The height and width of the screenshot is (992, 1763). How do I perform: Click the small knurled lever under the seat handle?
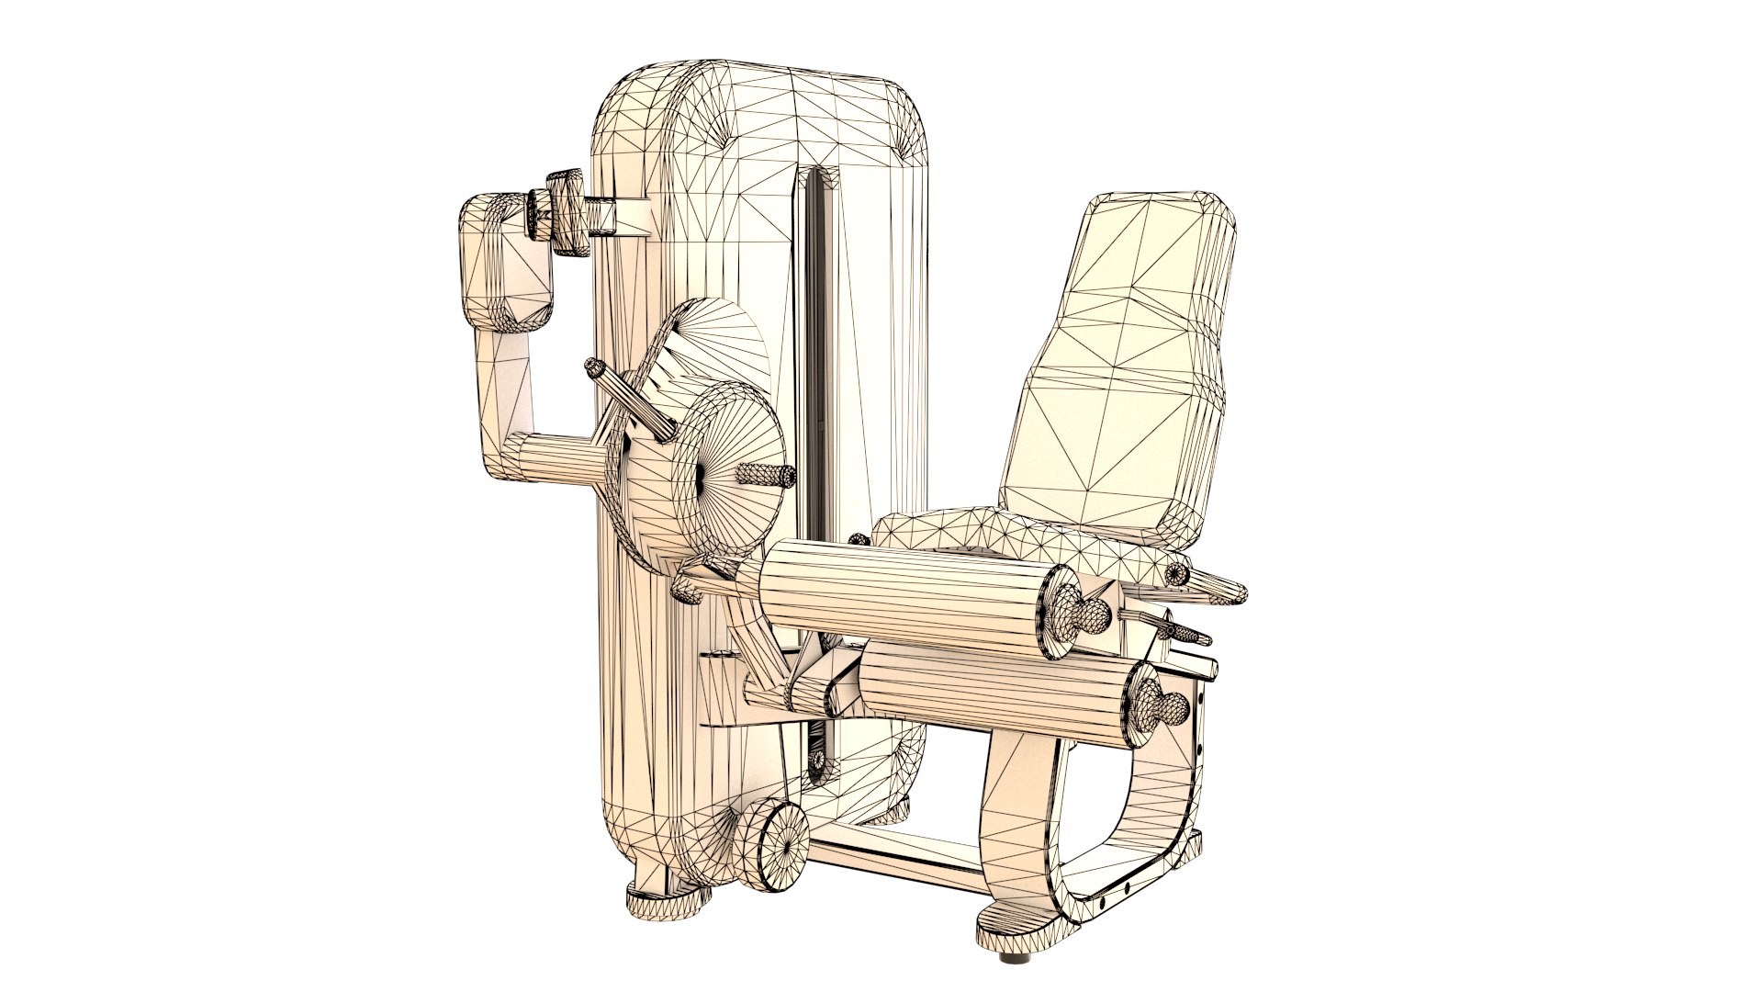click(1185, 632)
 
